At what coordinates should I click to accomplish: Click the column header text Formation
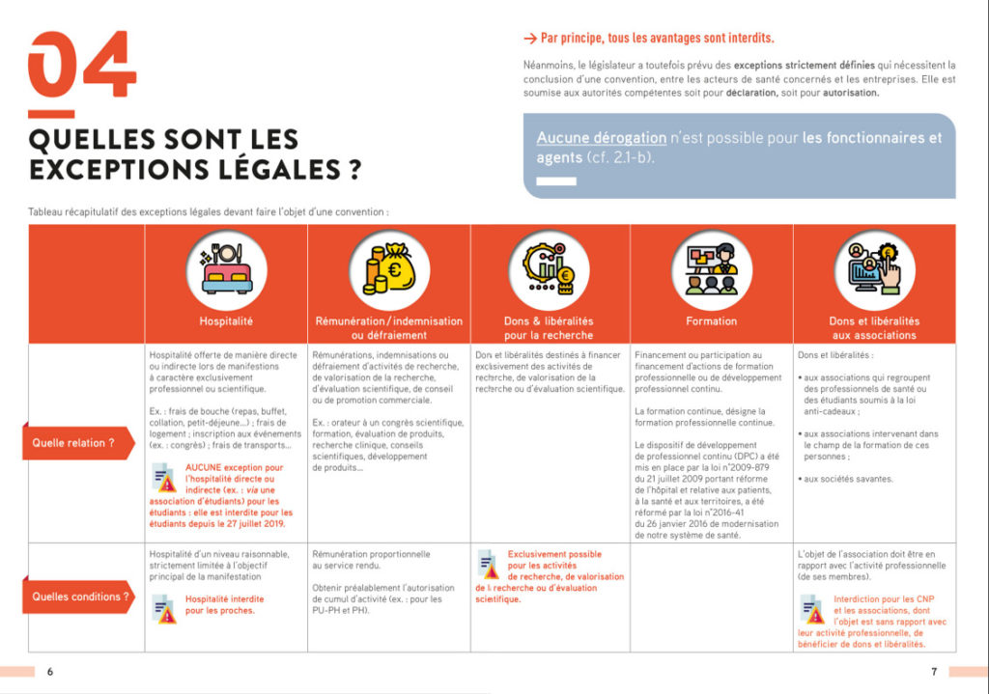coord(711,321)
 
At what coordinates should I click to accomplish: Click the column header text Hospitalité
coord(225,321)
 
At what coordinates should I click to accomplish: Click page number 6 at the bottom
coord(50,672)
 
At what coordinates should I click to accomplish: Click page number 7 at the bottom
coord(934,672)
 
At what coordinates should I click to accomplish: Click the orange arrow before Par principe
coord(529,39)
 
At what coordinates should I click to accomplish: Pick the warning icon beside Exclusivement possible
coord(489,563)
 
